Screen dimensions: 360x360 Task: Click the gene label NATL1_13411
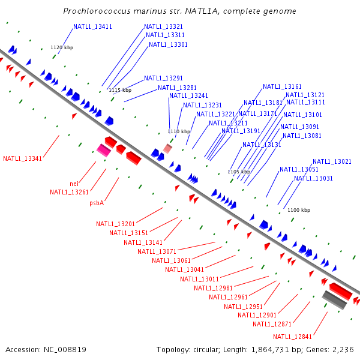(x=92, y=26)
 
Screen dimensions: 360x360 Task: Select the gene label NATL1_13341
(x=22, y=158)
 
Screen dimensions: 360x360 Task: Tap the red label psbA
(x=97, y=203)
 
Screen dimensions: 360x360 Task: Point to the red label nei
(x=74, y=184)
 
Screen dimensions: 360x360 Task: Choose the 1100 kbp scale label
(x=299, y=210)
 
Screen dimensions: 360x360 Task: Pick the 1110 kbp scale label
(x=179, y=131)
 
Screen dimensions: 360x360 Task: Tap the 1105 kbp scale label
(x=239, y=172)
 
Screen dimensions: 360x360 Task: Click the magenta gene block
(x=104, y=150)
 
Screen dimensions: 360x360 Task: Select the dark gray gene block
(x=334, y=299)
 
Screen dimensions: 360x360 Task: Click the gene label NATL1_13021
(x=332, y=161)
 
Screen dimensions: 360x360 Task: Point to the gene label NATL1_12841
(x=292, y=336)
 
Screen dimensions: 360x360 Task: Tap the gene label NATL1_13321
(x=163, y=26)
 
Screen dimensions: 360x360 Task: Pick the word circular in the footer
(x=217, y=349)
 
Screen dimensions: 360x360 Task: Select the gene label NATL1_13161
(x=282, y=86)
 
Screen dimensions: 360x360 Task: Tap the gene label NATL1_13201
(x=115, y=224)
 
